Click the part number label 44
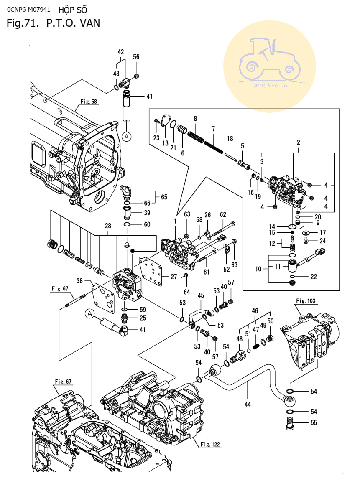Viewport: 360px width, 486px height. (248, 404)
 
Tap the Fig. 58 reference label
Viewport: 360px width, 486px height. (88, 102)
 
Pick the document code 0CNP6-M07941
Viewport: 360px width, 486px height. (26, 9)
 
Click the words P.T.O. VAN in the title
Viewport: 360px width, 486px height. (76, 23)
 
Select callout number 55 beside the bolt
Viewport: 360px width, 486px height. (313, 423)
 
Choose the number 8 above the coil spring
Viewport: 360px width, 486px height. (195, 119)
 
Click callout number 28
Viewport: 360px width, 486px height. (108, 226)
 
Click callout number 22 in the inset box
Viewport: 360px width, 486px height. (314, 277)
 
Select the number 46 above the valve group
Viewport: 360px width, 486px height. (255, 311)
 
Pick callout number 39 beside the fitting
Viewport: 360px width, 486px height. (147, 213)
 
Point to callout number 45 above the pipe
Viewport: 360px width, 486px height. (201, 295)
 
